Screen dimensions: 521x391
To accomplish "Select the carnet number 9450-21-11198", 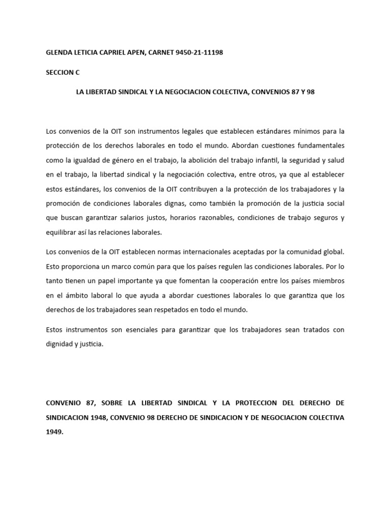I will point(199,52).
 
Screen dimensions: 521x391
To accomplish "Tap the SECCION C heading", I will point(63,72).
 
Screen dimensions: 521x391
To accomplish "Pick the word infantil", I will point(290,160).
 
